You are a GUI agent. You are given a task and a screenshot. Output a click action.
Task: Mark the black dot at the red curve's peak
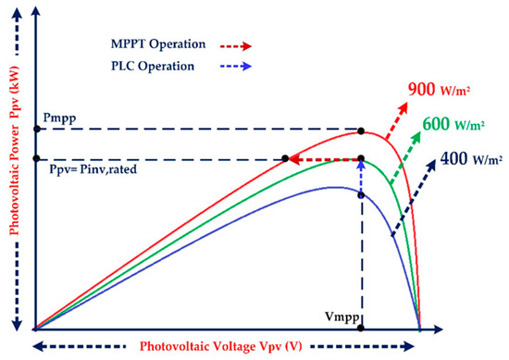tap(362, 131)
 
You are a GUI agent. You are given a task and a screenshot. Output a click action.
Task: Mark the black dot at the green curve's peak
tap(362, 159)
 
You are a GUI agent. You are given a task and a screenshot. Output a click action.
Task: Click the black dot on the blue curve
tap(362, 194)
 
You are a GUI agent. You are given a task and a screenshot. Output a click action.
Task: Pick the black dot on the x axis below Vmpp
tap(362, 328)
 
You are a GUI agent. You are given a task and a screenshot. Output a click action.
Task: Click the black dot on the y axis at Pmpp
tap(35, 131)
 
